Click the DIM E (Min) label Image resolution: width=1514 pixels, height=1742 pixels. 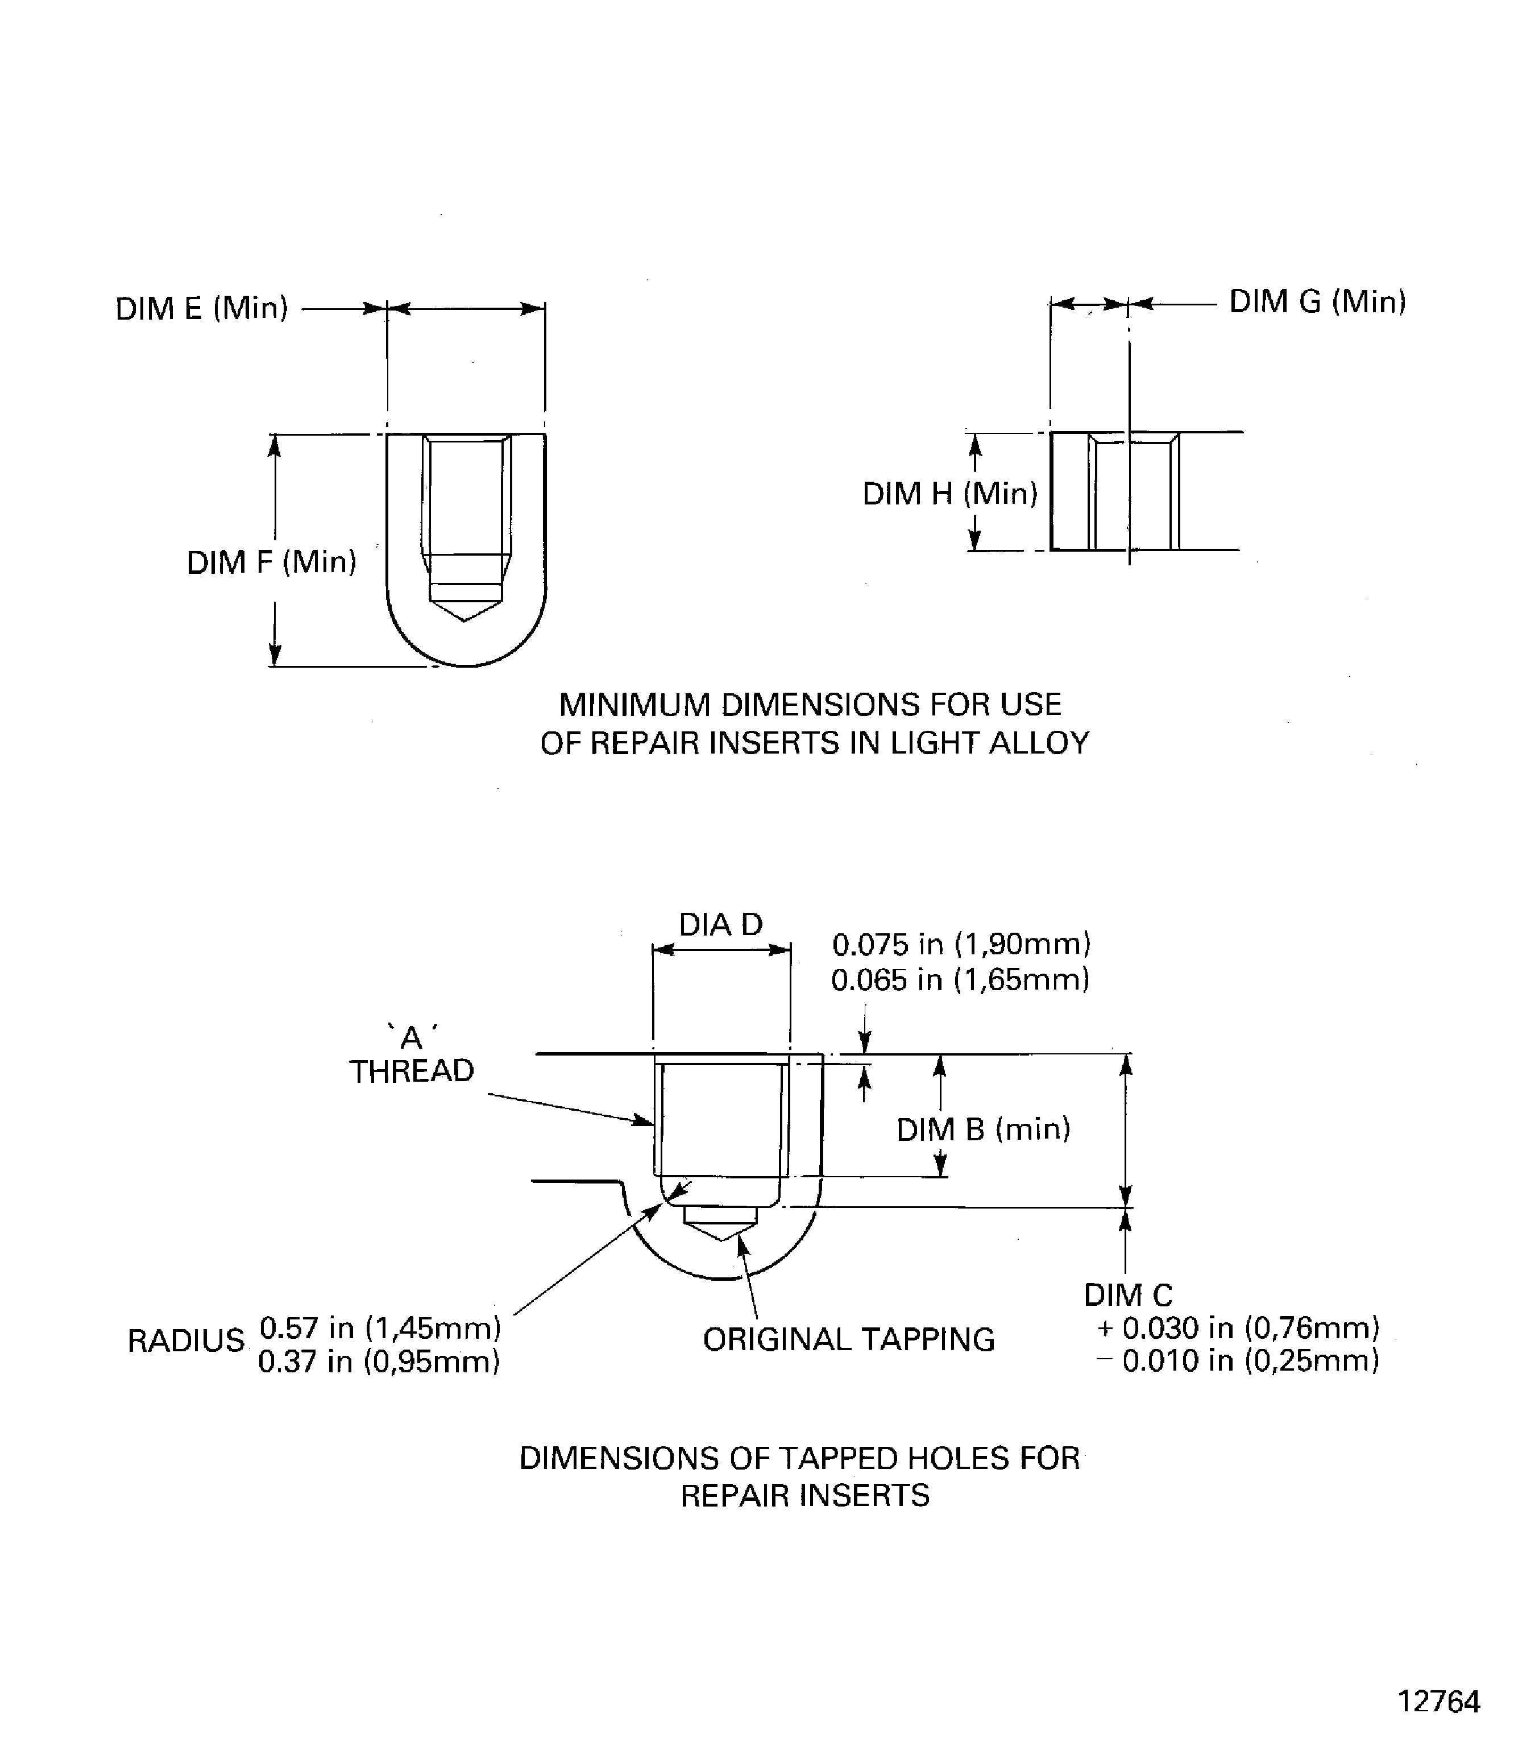[x=201, y=308]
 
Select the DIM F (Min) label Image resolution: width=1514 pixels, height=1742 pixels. [x=271, y=562]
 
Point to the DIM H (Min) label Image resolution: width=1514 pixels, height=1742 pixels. [x=949, y=494]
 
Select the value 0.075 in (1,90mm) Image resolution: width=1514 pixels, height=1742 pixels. [x=961, y=944]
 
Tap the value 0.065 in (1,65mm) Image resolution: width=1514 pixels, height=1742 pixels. [x=960, y=979]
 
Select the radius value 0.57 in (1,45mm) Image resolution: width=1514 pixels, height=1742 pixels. [x=379, y=1328]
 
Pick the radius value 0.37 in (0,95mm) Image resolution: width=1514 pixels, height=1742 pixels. [x=379, y=1362]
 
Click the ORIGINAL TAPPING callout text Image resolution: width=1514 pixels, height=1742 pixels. [x=848, y=1340]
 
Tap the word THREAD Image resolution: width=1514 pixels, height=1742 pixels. [x=412, y=1071]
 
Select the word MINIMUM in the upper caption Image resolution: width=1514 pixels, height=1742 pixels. [x=634, y=705]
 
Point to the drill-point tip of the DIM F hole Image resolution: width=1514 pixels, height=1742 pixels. [x=464, y=620]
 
